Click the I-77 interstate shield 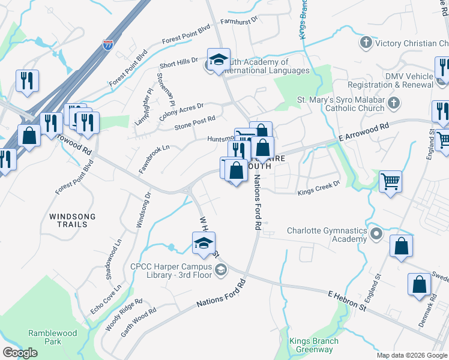pos(107,45)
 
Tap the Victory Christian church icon pos(366,43)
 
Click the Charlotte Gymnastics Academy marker pos(376,233)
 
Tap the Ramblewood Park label pos(44,337)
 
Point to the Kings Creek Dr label pos(319,188)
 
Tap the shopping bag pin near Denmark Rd pos(419,285)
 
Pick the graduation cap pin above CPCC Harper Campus pos(203,244)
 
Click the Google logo pos(20,353)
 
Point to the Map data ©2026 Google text pos(412,355)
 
